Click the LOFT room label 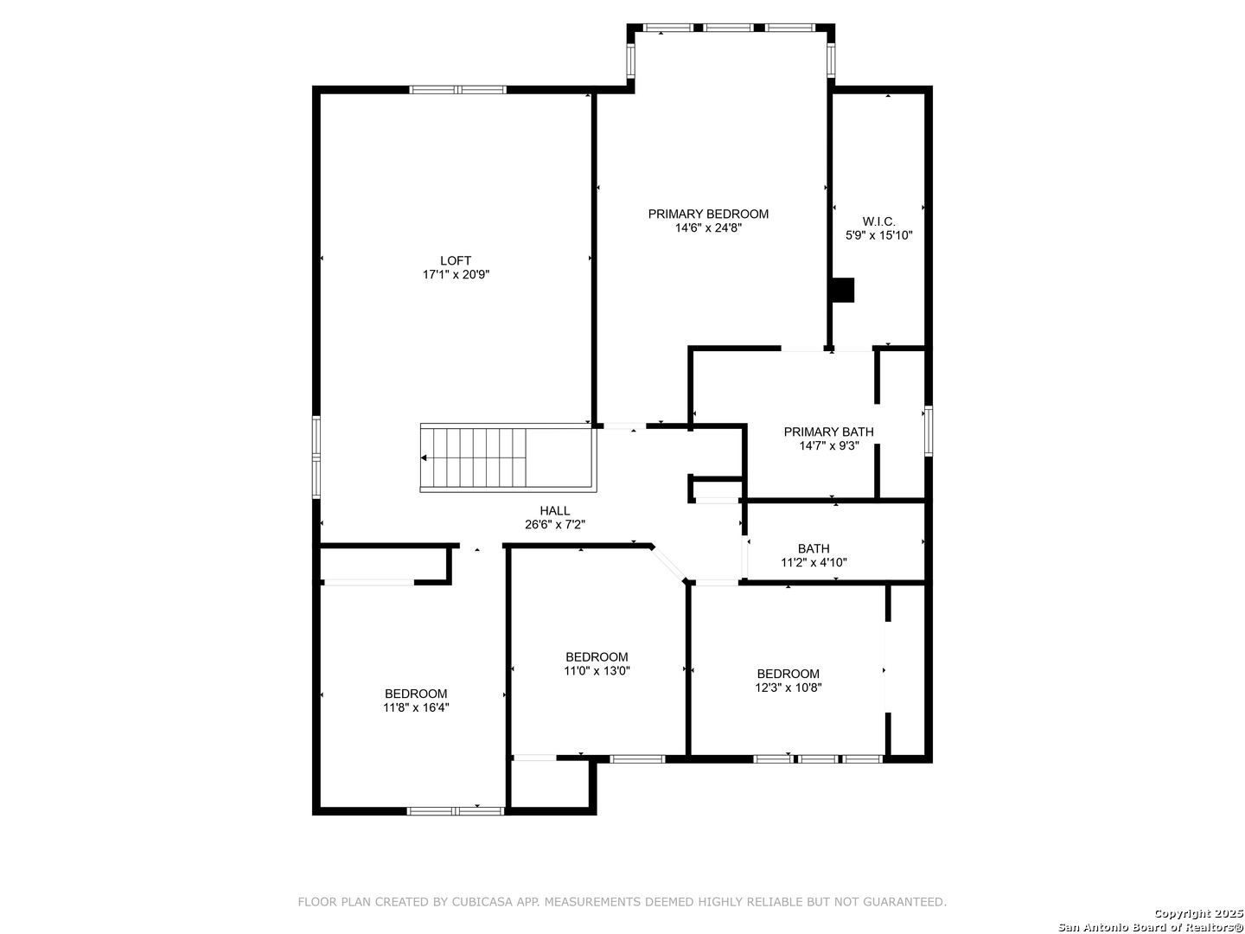coord(456,261)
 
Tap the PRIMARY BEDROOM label coord(708,214)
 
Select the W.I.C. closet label coord(878,221)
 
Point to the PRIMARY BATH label coord(828,432)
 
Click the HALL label coord(555,510)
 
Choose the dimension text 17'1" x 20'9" coord(456,274)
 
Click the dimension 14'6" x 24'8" coord(708,228)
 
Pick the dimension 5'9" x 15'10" coord(879,234)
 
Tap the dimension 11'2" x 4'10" coord(814,562)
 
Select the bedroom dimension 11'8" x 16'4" coord(416,707)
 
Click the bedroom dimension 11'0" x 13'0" coord(597,671)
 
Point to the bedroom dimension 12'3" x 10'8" coord(788,688)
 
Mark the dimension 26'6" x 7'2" coord(555,525)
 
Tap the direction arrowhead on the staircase coord(424,457)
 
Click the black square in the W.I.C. coord(843,290)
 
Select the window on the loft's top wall coord(457,89)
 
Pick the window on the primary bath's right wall coord(929,431)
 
